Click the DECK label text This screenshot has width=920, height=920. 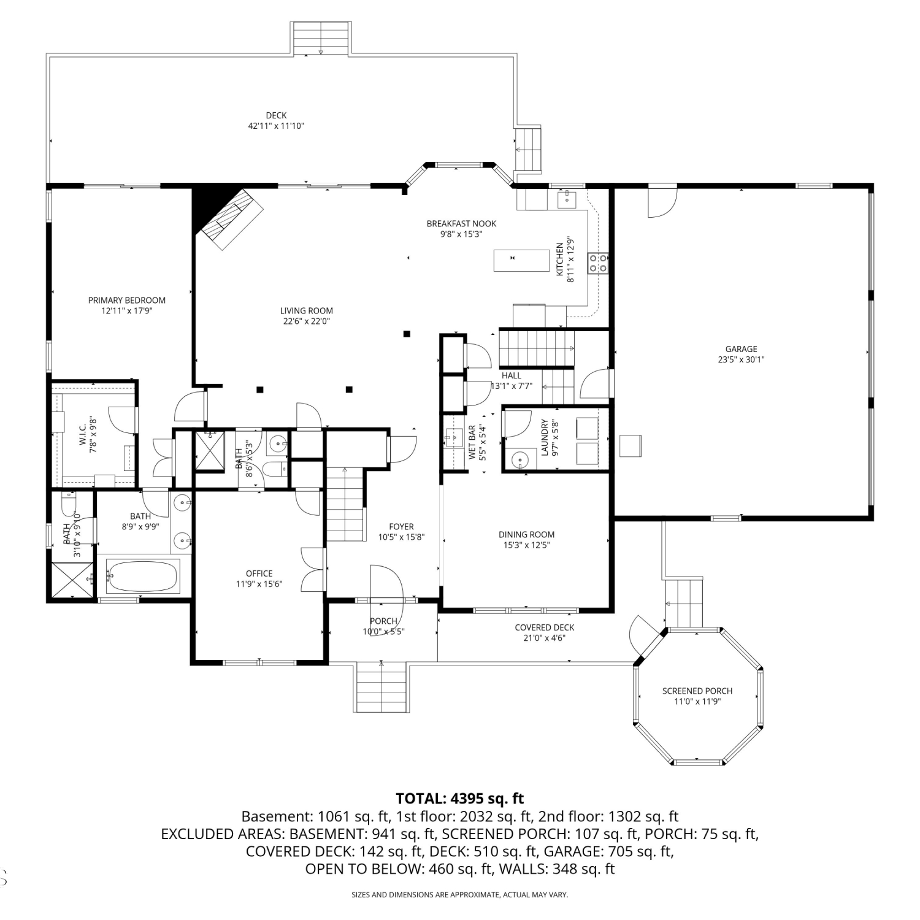(276, 115)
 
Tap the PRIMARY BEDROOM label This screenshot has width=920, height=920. (127, 301)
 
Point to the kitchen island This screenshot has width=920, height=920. (521, 260)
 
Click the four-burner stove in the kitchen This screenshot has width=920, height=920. (598, 263)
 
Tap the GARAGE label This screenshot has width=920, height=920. (741, 350)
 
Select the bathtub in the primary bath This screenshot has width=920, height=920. (142, 576)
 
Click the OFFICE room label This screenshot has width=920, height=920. (259, 574)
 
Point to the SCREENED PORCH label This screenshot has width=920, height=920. (697, 691)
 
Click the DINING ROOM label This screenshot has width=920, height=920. (526, 535)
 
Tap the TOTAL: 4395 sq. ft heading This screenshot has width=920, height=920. (460, 799)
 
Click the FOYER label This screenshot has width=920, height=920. (401, 527)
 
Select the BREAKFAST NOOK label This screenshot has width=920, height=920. (461, 224)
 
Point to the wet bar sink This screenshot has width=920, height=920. (454, 438)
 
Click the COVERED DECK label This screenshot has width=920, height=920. (545, 627)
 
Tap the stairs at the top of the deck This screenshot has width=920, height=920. (321, 39)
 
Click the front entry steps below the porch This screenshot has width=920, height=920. (381, 687)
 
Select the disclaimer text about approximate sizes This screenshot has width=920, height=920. (460, 895)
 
